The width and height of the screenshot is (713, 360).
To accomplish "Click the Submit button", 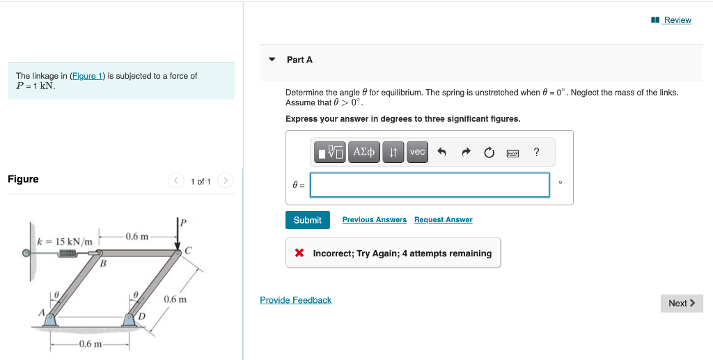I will (x=307, y=220).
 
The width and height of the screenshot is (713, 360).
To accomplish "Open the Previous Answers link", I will (x=374, y=220).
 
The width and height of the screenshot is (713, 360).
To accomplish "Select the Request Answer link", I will (x=443, y=220).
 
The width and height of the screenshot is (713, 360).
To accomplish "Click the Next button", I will (x=681, y=303).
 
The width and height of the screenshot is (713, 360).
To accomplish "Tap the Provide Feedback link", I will (x=295, y=300).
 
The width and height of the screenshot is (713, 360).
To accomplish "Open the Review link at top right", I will (x=677, y=20).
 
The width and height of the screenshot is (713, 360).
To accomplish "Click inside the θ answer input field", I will (x=430, y=185).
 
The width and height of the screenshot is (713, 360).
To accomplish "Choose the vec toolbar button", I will (x=417, y=152).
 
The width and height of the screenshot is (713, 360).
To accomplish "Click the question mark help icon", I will (x=535, y=152).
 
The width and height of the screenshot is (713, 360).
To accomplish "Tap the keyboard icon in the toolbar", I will (x=512, y=152).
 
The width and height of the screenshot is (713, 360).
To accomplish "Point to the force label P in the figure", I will (x=184, y=223).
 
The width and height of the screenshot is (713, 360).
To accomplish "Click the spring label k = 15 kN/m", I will (x=65, y=242).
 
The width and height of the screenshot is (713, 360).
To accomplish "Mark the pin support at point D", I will (x=130, y=320).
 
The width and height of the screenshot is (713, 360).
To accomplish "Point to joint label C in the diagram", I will (x=188, y=249).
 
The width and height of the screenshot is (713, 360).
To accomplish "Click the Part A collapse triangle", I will (x=272, y=60).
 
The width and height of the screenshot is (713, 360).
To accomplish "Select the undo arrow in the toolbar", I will (x=441, y=152).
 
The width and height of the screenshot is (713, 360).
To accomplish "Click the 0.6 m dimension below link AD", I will (x=91, y=344).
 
